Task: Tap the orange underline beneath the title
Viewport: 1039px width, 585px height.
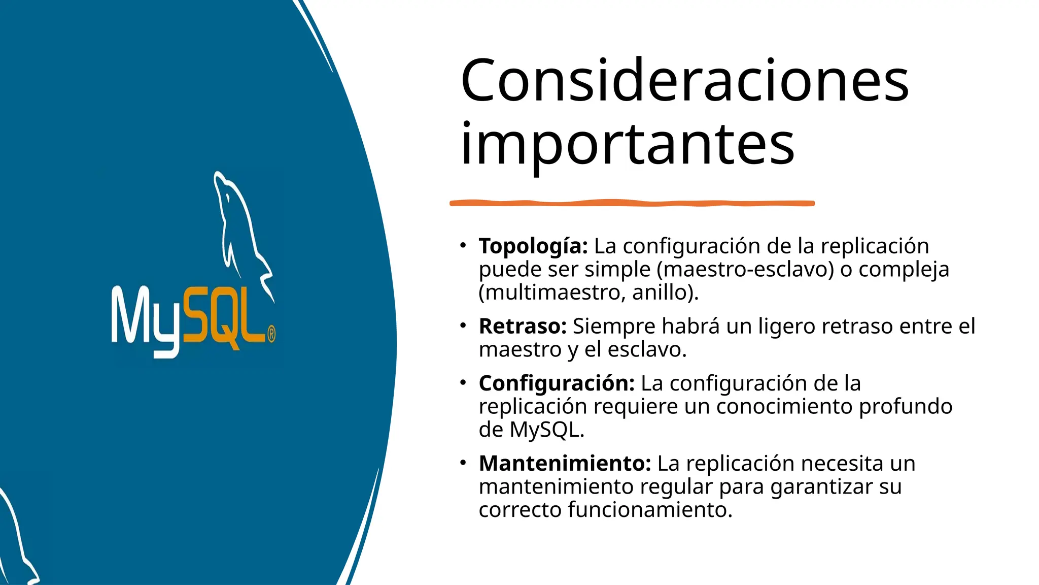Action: (x=632, y=203)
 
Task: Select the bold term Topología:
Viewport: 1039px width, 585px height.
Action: (x=533, y=246)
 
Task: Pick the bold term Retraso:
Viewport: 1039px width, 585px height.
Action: (x=523, y=327)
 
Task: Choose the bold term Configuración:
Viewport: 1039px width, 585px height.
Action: (x=557, y=383)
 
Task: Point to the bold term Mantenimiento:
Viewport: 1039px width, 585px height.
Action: (x=565, y=464)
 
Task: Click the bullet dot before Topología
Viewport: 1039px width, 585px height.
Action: (x=463, y=246)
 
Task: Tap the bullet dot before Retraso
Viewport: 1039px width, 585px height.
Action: (x=463, y=326)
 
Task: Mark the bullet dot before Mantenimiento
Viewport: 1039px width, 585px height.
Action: (x=463, y=463)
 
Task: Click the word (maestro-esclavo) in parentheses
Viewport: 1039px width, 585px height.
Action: (x=745, y=269)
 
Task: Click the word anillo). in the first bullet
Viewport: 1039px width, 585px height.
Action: (x=665, y=292)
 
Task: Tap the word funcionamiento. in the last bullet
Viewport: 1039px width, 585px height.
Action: (x=650, y=510)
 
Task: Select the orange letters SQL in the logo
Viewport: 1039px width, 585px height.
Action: (x=223, y=317)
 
